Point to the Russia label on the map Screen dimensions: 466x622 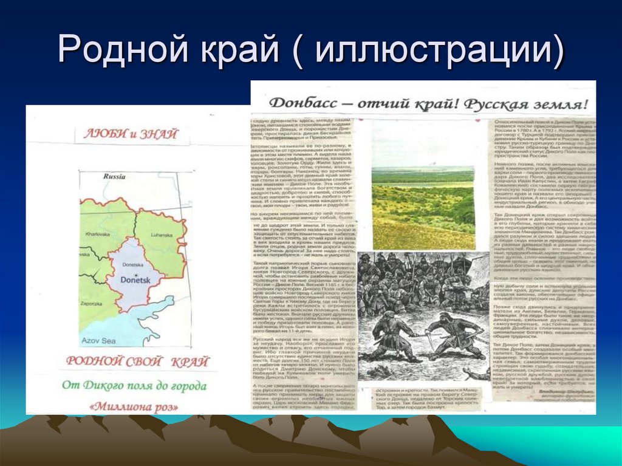tap(114, 177)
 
